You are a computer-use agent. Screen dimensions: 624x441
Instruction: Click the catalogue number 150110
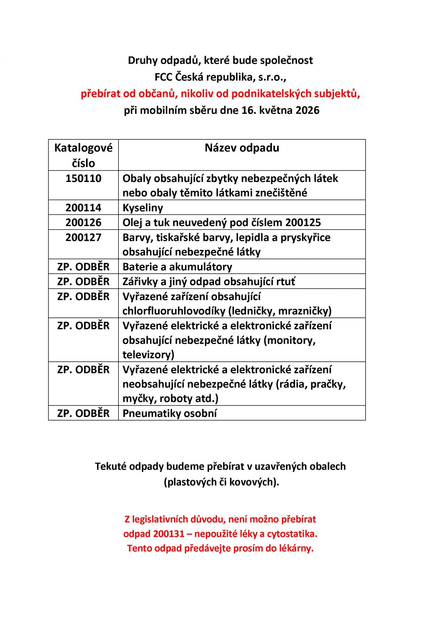[83, 178]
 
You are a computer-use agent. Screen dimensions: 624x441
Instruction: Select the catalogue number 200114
[83, 208]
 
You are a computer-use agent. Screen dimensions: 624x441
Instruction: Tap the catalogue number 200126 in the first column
[83, 223]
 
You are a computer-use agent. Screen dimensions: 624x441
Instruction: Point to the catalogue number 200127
[83, 238]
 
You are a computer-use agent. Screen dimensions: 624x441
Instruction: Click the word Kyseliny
[143, 208]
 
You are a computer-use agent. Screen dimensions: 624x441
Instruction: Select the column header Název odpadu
[242, 148]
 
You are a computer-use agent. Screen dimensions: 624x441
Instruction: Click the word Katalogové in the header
[83, 148]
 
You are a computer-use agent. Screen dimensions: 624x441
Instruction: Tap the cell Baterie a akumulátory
[177, 267]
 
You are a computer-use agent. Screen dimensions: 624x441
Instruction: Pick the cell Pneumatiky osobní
[170, 413]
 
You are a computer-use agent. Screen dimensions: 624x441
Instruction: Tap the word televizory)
[148, 355]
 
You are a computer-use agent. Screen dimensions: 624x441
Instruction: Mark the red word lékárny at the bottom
[296, 549]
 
